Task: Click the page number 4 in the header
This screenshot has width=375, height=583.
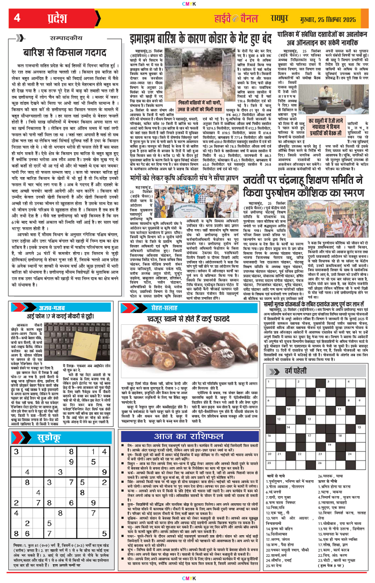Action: pyautogui.click(x=16, y=17)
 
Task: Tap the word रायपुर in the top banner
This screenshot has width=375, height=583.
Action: pyautogui.click(x=273, y=18)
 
